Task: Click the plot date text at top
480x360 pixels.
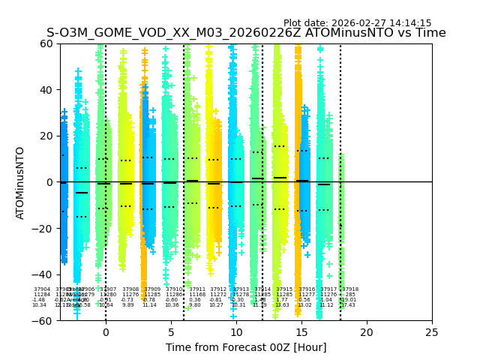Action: pyautogui.click(x=357, y=23)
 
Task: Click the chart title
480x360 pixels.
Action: pyautogui.click(x=246, y=33)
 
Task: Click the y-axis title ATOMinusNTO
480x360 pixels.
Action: pyautogui.click(x=20, y=182)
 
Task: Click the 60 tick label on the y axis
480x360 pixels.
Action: pyautogui.click(x=46, y=43)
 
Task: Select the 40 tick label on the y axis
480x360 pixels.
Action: pyautogui.click(x=46, y=90)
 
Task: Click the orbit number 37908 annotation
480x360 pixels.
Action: pyautogui.click(x=130, y=289)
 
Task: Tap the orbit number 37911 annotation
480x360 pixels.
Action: pyautogui.click(x=197, y=289)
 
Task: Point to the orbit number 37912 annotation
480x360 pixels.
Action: pyautogui.click(x=218, y=289)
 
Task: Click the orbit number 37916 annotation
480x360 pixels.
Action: pyautogui.click(x=307, y=289)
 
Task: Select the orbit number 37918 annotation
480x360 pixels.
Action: pyautogui.click(x=350, y=289)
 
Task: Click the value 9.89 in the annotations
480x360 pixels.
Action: pyautogui.click(x=128, y=305)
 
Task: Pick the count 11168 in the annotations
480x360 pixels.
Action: pyautogui.click(x=196, y=295)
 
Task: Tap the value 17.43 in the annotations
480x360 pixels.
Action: pyautogui.click(x=348, y=305)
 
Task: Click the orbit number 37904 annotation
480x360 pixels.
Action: pyautogui.click(x=42, y=289)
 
